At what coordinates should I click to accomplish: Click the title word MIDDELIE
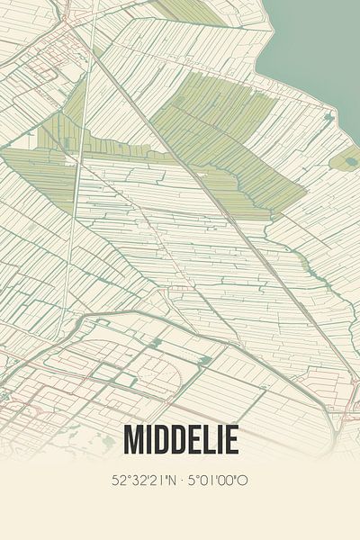pos(181,440)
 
